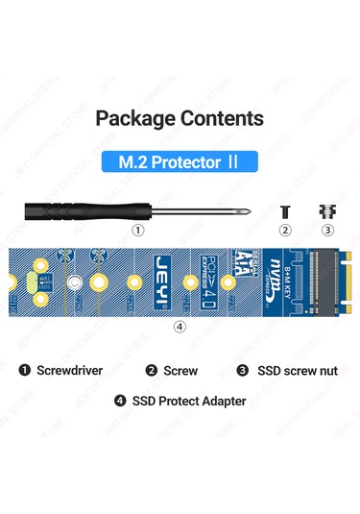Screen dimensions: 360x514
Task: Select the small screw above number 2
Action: coord(284,210)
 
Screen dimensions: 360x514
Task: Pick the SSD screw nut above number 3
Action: coord(325,210)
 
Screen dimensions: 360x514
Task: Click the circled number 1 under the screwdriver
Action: coord(138,231)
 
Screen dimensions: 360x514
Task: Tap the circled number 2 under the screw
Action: coord(284,231)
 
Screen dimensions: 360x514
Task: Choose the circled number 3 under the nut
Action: coord(326,231)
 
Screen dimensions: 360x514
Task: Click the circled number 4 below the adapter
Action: coord(180,326)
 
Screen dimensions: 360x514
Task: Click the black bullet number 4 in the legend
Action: coord(119,401)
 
